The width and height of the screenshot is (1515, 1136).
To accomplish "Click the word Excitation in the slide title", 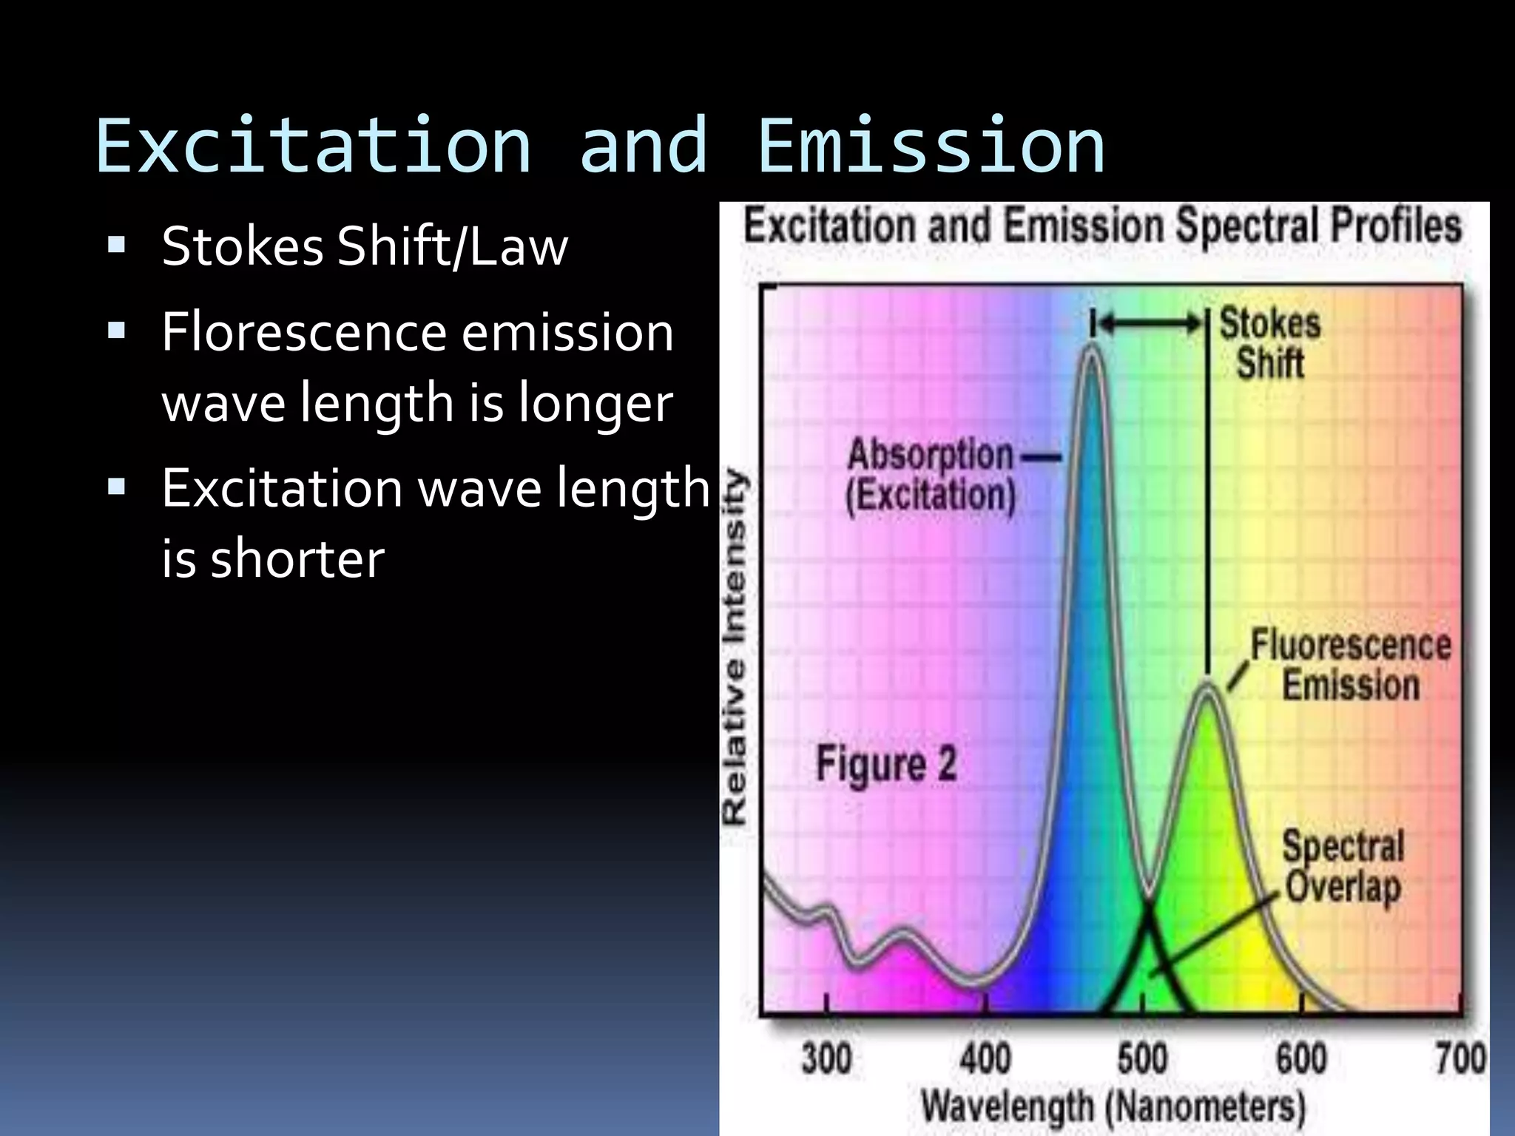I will (314, 146).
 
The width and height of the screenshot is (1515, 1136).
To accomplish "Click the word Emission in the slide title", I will (931, 146).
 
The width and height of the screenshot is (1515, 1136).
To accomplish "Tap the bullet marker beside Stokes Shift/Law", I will (116, 245).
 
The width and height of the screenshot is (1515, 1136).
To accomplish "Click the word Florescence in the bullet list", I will (303, 333).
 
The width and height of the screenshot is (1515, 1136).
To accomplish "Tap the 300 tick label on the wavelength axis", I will (826, 1058).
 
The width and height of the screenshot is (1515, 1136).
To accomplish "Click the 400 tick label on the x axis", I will (985, 1058).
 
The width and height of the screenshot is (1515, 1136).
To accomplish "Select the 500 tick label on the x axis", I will (1143, 1058).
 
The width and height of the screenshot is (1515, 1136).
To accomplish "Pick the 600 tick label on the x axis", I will (1301, 1058).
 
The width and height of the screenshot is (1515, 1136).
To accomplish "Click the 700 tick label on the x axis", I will (1460, 1058).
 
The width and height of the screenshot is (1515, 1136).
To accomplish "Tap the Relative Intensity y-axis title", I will (735, 647).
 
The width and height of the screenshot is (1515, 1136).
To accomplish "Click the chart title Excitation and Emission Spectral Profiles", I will (1102, 226).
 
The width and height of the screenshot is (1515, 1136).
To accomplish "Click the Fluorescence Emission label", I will (1351, 665).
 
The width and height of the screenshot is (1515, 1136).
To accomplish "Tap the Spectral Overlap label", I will (1343, 866).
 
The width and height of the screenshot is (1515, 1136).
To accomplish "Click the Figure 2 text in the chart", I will (885, 764).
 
